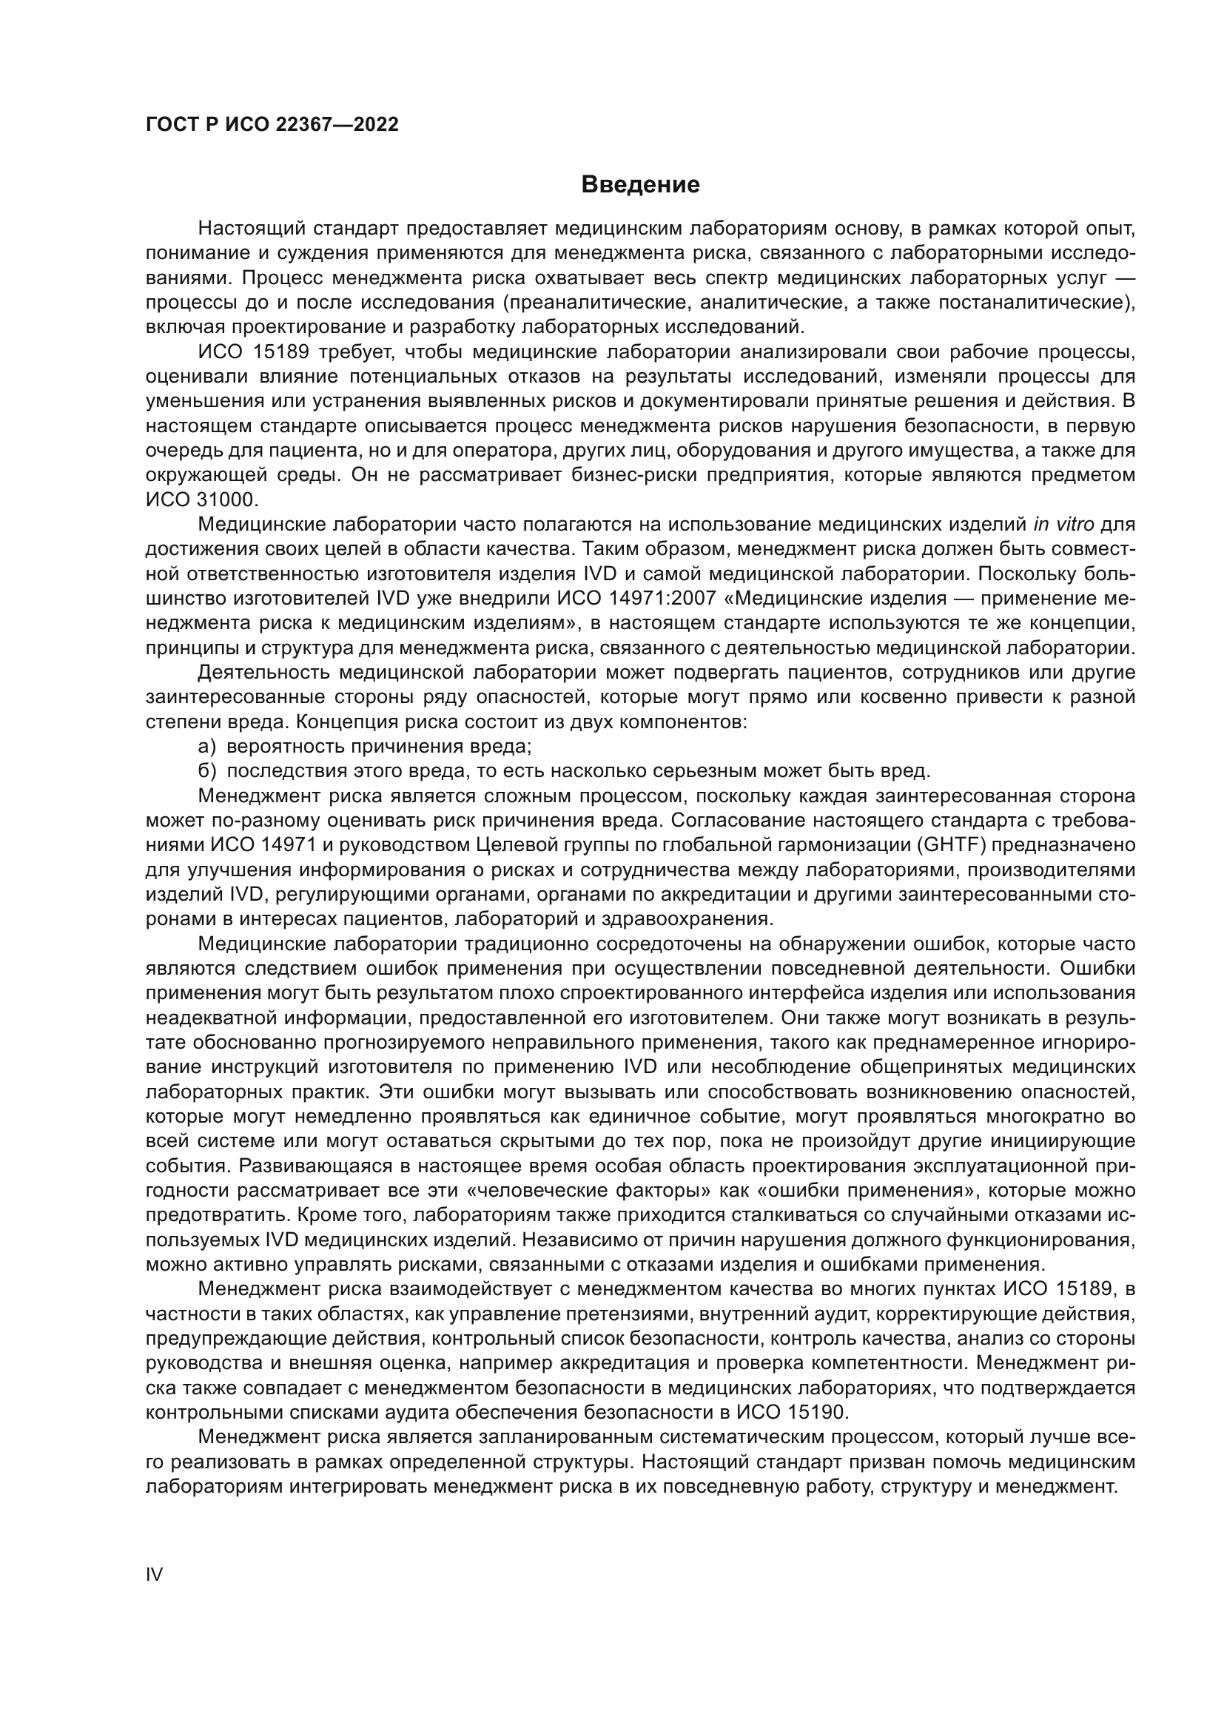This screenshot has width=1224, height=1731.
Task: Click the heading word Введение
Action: pyautogui.click(x=640, y=185)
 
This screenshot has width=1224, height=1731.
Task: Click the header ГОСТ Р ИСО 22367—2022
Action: pyautogui.click(x=272, y=125)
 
